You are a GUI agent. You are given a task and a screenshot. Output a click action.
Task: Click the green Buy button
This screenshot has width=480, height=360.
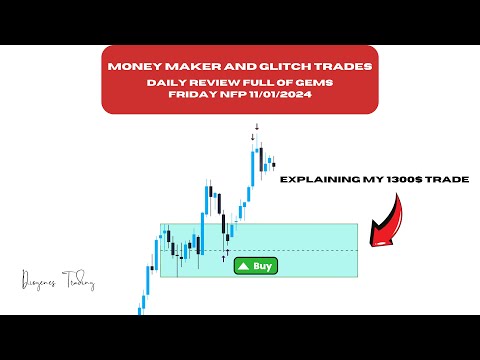(x=254, y=266)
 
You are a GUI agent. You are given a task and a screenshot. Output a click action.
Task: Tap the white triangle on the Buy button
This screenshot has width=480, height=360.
(x=242, y=266)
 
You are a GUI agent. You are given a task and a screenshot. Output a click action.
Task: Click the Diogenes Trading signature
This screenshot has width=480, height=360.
(x=56, y=284)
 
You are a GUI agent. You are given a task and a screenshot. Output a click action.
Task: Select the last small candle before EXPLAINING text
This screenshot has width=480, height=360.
(x=273, y=163)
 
